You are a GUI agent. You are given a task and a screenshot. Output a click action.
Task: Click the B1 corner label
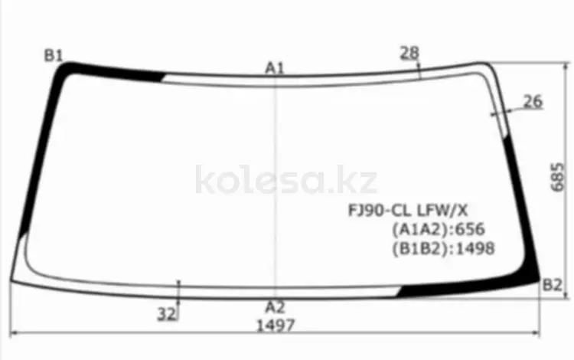54,56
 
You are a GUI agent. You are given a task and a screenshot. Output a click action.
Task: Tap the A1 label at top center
275,68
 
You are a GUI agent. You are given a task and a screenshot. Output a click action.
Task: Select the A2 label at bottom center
275,307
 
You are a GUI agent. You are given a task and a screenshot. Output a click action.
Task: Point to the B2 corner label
552,285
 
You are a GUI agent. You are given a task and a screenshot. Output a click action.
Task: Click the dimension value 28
409,53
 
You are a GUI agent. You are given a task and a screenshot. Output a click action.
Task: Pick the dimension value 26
533,101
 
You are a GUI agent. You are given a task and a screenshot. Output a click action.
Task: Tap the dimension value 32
167,314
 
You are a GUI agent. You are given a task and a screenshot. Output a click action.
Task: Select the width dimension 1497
276,326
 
